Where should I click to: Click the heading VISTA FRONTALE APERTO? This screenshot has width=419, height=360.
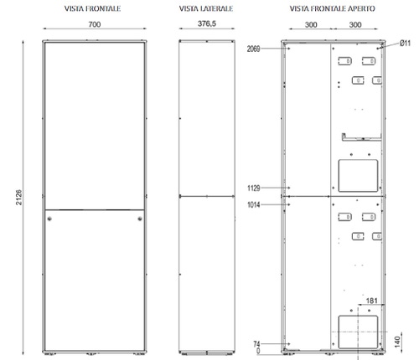click(x=333, y=8)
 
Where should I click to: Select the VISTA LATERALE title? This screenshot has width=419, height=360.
click(x=206, y=8)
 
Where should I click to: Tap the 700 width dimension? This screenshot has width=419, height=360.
click(x=96, y=26)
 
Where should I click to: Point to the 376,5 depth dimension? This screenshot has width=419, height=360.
click(x=206, y=26)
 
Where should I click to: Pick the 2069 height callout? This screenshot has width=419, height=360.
click(x=254, y=49)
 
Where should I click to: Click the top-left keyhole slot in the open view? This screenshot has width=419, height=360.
click(x=344, y=61)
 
